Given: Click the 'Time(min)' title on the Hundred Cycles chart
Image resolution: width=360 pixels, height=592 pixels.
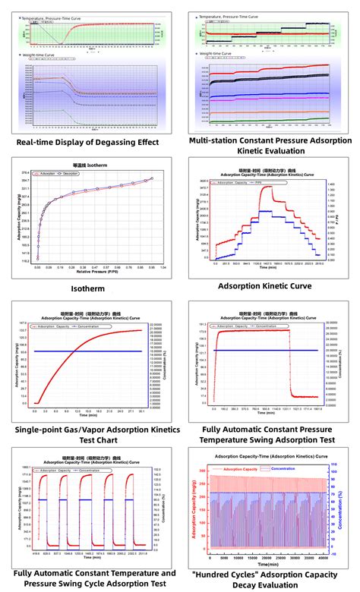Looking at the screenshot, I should tap(267, 564).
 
